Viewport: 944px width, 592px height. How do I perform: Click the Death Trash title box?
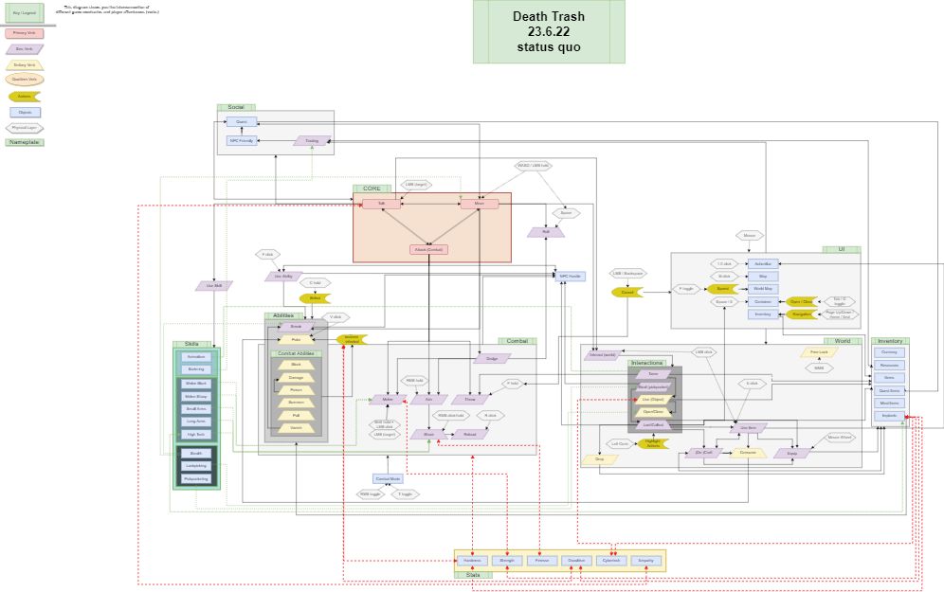(549, 31)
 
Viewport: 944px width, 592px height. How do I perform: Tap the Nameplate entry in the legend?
(25, 142)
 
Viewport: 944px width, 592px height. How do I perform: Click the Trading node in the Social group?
(312, 140)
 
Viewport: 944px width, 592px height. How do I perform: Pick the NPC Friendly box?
(242, 140)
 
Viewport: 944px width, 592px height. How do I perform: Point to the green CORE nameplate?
(372, 188)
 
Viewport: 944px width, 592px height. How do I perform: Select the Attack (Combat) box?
(429, 249)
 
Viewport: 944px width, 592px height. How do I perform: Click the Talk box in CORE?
(381, 204)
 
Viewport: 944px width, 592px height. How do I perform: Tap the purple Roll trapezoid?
(546, 231)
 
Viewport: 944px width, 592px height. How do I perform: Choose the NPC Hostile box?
(571, 276)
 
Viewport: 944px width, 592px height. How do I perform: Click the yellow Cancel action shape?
(627, 293)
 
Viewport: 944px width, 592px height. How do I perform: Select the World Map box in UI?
(763, 288)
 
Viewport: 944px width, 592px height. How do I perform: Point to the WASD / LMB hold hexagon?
(534, 166)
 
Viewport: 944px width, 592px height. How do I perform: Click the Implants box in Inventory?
(889, 415)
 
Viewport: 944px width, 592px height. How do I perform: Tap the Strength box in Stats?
(507, 561)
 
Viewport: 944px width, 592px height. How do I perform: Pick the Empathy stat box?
(645, 561)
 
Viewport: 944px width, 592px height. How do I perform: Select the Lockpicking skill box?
(196, 466)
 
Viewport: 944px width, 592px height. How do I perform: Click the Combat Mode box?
(388, 478)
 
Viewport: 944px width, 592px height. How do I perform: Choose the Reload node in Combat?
(469, 434)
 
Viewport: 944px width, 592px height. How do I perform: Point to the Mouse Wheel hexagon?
(840, 438)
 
